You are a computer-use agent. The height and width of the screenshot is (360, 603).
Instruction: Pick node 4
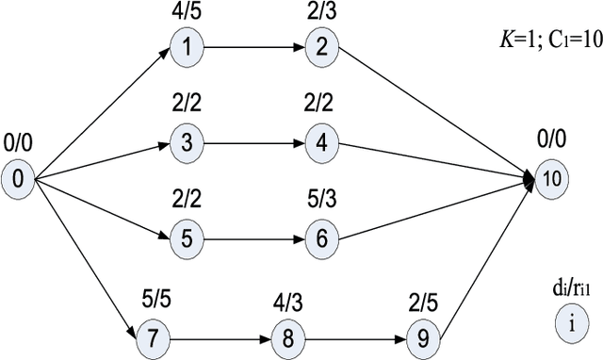coord(321,143)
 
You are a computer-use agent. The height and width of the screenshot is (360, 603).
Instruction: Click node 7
coord(151,336)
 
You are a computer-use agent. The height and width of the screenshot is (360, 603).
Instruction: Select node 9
coord(426,336)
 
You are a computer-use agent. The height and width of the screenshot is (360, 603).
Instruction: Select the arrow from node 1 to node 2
coord(253,46)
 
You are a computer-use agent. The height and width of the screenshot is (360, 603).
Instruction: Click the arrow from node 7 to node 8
coord(218,336)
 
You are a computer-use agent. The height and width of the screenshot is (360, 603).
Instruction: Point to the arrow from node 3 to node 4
coord(253,143)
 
